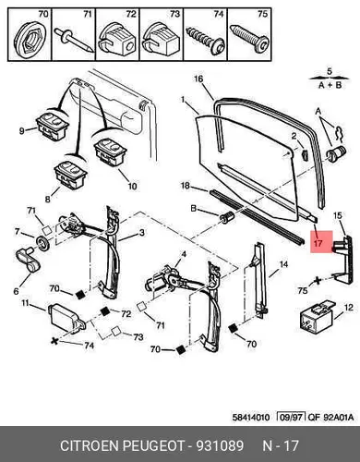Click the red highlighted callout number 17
(x=318, y=243)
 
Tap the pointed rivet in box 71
(x=74, y=40)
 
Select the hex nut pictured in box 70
(x=30, y=39)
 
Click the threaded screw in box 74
(x=205, y=40)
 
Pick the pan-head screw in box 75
(x=249, y=39)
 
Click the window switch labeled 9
(x=53, y=125)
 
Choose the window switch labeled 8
(x=70, y=175)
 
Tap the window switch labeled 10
(x=111, y=152)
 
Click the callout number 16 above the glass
(x=198, y=79)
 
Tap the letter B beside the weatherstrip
(x=194, y=209)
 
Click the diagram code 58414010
(x=251, y=418)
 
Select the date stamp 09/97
(x=291, y=418)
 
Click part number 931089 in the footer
(x=220, y=445)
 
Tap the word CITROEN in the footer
(x=90, y=445)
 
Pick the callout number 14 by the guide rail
(x=283, y=264)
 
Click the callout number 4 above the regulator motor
(x=184, y=254)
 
